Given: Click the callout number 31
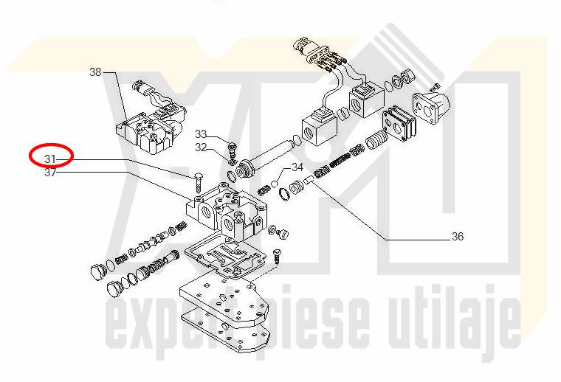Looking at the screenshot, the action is pyautogui.click(x=50, y=159).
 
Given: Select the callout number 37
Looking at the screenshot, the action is pyautogui.click(x=50, y=173).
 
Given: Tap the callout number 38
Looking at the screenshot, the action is pyautogui.click(x=95, y=72).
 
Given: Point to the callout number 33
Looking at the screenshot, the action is pyautogui.click(x=201, y=134).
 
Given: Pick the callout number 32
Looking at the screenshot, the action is pyautogui.click(x=201, y=147).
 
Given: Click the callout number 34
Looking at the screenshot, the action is pyautogui.click(x=297, y=167).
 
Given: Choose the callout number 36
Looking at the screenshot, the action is pyautogui.click(x=458, y=237).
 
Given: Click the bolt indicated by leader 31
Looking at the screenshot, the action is pyautogui.click(x=199, y=184).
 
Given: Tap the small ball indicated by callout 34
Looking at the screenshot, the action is pyautogui.click(x=275, y=184).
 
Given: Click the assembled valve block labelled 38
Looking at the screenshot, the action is pyautogui.click(x=150, y=119).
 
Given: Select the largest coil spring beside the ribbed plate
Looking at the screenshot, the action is pyautogui.click(x=375, y=139).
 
